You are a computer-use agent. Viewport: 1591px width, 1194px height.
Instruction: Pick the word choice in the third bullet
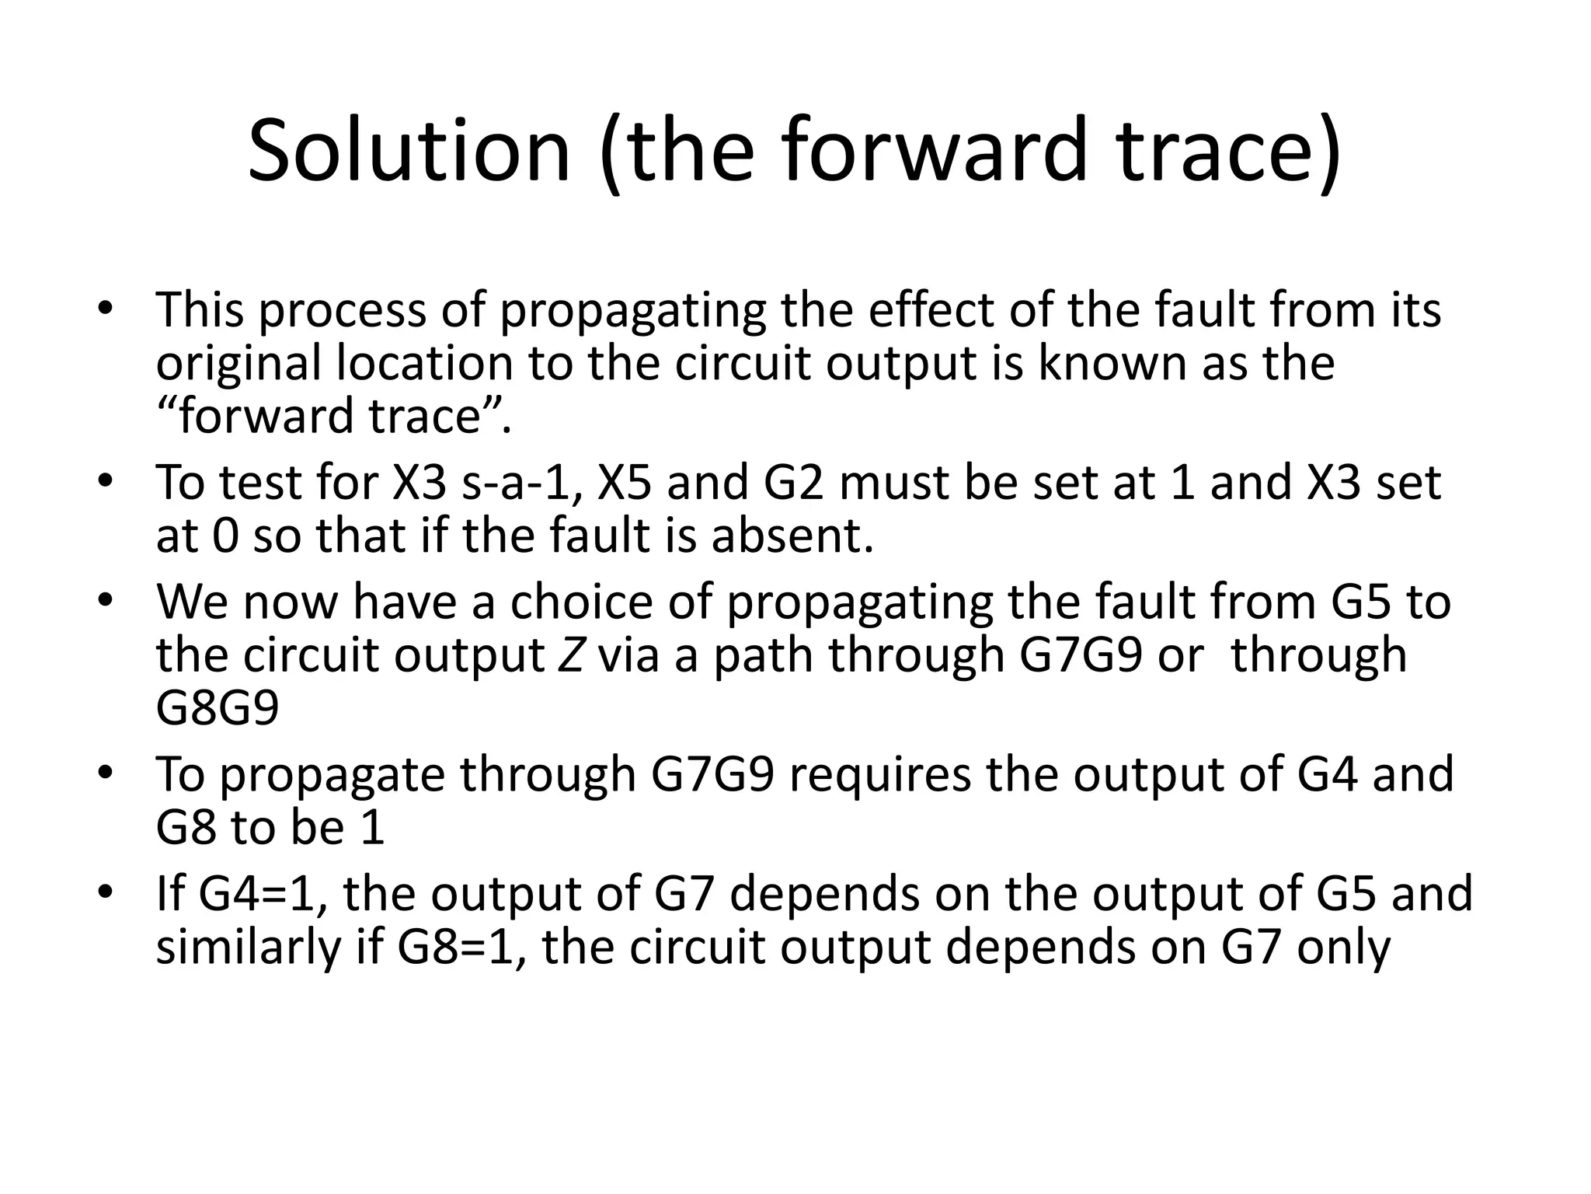pyautogui.click(x=583, y=602)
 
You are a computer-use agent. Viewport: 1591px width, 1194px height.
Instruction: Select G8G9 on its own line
pyautogui.click(x=217, y=708)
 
